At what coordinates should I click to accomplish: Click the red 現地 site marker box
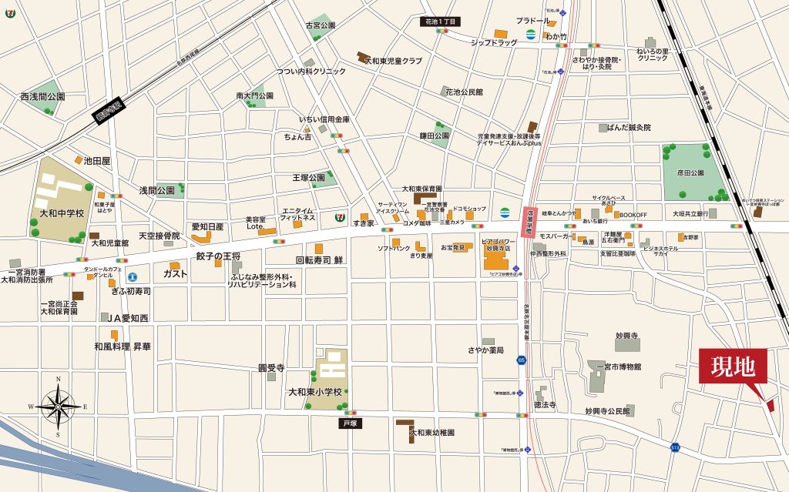pos(733,366)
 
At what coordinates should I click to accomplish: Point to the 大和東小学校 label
pos(315,392)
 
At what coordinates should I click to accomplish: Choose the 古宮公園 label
pos(321,25)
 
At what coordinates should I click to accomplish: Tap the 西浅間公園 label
pos(42,97)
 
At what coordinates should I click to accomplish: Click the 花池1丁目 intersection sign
pos(442,22)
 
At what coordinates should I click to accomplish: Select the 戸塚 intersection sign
pos(351,423)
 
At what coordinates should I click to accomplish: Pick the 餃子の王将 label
pos(218,256)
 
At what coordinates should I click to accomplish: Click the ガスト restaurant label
pos(176,273)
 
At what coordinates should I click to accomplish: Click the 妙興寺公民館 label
pos(607,412)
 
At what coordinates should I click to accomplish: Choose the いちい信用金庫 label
pos(324,120)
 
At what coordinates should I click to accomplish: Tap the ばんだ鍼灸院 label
pos(629,127)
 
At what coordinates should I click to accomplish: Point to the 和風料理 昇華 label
pos(123,347)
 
